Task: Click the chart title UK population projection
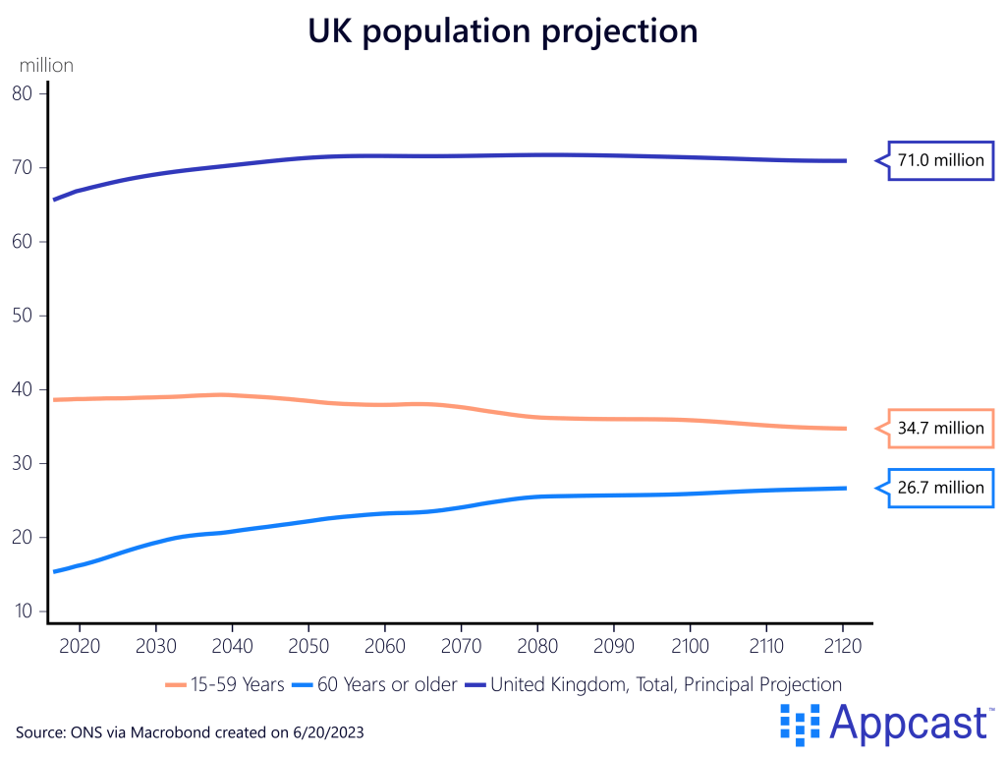(x=503, y=30)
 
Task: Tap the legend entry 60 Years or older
(x=387, y=684)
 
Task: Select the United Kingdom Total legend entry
(x=666, y=684)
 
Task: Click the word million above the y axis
(x=46, y=66)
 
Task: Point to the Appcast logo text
(x=910, y=724)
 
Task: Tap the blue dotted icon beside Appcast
(x=799, y=724)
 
